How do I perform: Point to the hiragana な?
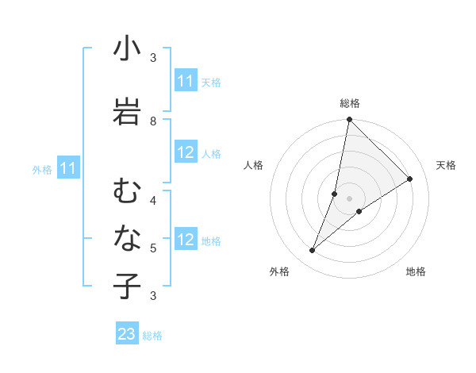coord(127,237)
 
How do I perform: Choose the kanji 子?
coord(127,286)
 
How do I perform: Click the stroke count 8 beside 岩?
coord(153,121)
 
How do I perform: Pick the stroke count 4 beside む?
coord(153,199)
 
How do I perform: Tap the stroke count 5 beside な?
coord(153,248)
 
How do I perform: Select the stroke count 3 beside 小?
coord(153,58)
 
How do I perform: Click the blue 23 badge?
coord(127,334)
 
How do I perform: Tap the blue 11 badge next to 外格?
coord(68,167)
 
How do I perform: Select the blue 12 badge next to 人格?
coord(186,152)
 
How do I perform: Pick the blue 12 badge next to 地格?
coord(186,240)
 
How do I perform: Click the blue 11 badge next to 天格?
coord(186,81)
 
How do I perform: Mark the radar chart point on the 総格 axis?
coord(349,119)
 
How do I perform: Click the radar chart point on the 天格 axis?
coord(410,179)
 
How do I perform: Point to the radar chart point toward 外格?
coord(313,251)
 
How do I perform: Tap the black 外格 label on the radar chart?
coord(279,271)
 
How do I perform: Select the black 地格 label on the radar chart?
coord(416,271)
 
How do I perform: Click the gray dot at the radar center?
coord(349,198)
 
